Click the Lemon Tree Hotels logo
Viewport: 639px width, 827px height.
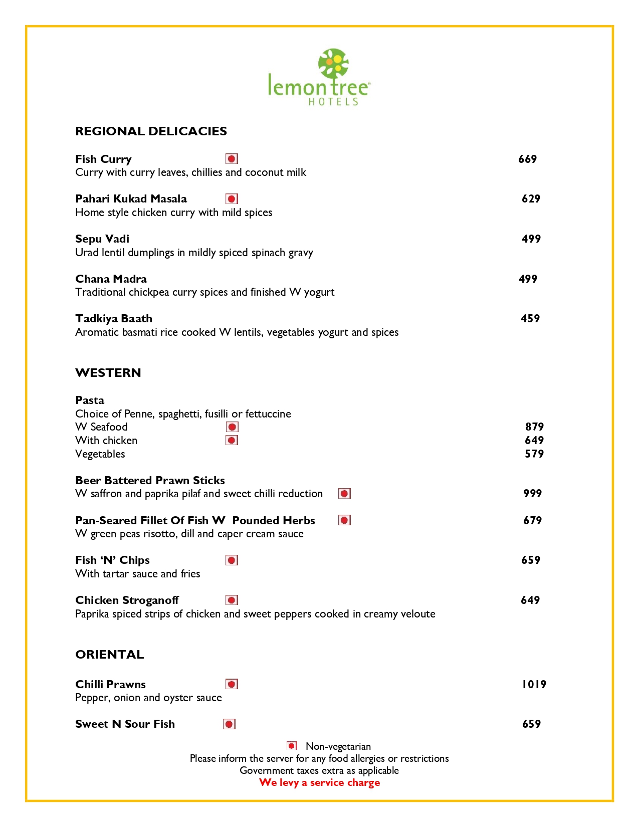point(319,77)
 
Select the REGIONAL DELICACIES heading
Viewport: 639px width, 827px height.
point(151,131)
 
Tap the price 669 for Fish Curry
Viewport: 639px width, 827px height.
point(527,159)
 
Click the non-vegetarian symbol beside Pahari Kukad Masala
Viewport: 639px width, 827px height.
point(232,199)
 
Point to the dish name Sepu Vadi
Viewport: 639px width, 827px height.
point(102,239)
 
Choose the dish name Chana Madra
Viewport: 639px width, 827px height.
point(111,279)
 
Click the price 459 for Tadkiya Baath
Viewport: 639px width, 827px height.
point(530,319)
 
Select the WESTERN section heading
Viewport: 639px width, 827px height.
point(108,373)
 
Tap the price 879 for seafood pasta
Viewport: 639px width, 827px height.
point(534,427)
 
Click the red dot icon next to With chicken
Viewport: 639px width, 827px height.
point(232,441)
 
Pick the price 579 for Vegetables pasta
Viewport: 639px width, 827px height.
point(534,454)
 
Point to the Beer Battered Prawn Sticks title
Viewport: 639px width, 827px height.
point(150,481)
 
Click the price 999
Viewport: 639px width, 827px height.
point(532,494)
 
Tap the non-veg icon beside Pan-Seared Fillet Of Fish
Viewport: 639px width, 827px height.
point(344,520)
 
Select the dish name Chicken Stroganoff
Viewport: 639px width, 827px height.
point(127,600)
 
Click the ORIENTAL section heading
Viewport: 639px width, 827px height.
point(109,655)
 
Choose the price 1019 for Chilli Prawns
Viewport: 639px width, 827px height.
point(534,685)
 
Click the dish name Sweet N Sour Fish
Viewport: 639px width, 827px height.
point(125,724)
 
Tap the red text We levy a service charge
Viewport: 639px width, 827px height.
point(319,783)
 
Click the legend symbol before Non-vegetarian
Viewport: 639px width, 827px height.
point(292,746)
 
